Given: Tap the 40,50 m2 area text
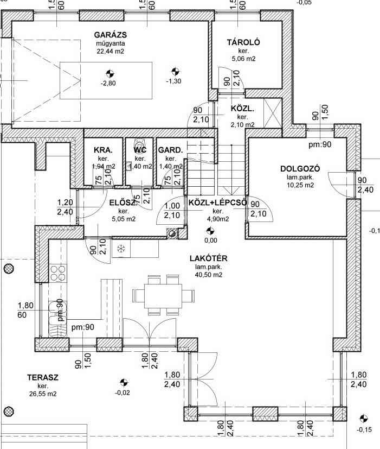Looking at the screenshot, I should click(x=209, y=275).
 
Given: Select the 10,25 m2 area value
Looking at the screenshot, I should click(x=301, y=185).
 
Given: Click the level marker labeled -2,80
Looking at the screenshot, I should click(x=109, y=83).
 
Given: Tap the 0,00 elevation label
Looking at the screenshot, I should click(x=210, y=240).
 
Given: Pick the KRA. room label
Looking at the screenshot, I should click(x=103, y=150).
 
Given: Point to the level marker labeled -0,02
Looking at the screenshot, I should click(x=124, y=383).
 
